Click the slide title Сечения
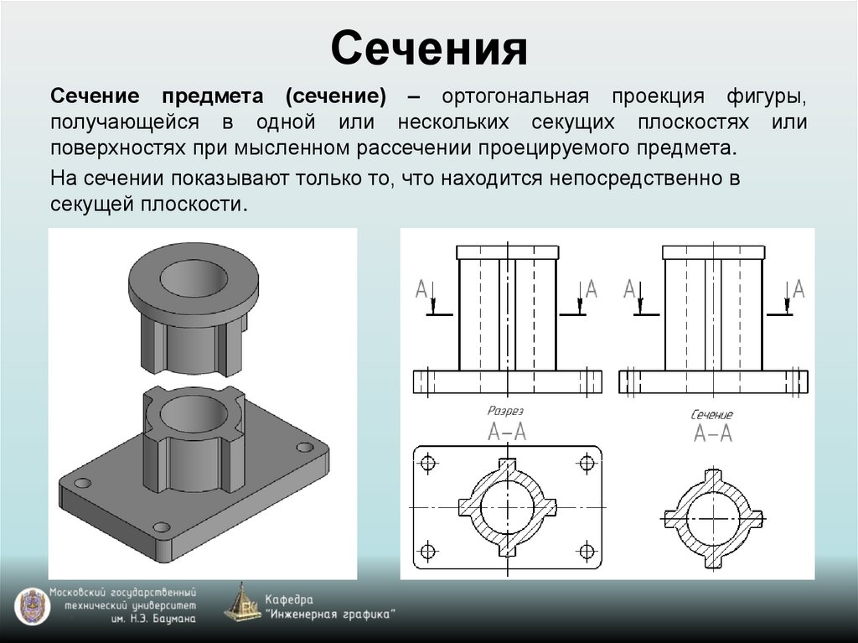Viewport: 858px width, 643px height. point(428,49)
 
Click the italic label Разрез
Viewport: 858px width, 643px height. point(506,412)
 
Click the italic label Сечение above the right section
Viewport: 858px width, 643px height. point(712,414)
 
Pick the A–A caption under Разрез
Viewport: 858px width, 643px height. point(507,432)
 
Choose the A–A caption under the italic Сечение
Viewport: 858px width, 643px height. point(713,433)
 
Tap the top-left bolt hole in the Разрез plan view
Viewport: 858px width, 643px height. point(429,462)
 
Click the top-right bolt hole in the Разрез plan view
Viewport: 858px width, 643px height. point(587,462)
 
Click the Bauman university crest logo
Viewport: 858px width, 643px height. point(30,605)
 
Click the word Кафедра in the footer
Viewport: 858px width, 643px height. point(289,599)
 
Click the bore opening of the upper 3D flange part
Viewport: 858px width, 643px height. point(194,278)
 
